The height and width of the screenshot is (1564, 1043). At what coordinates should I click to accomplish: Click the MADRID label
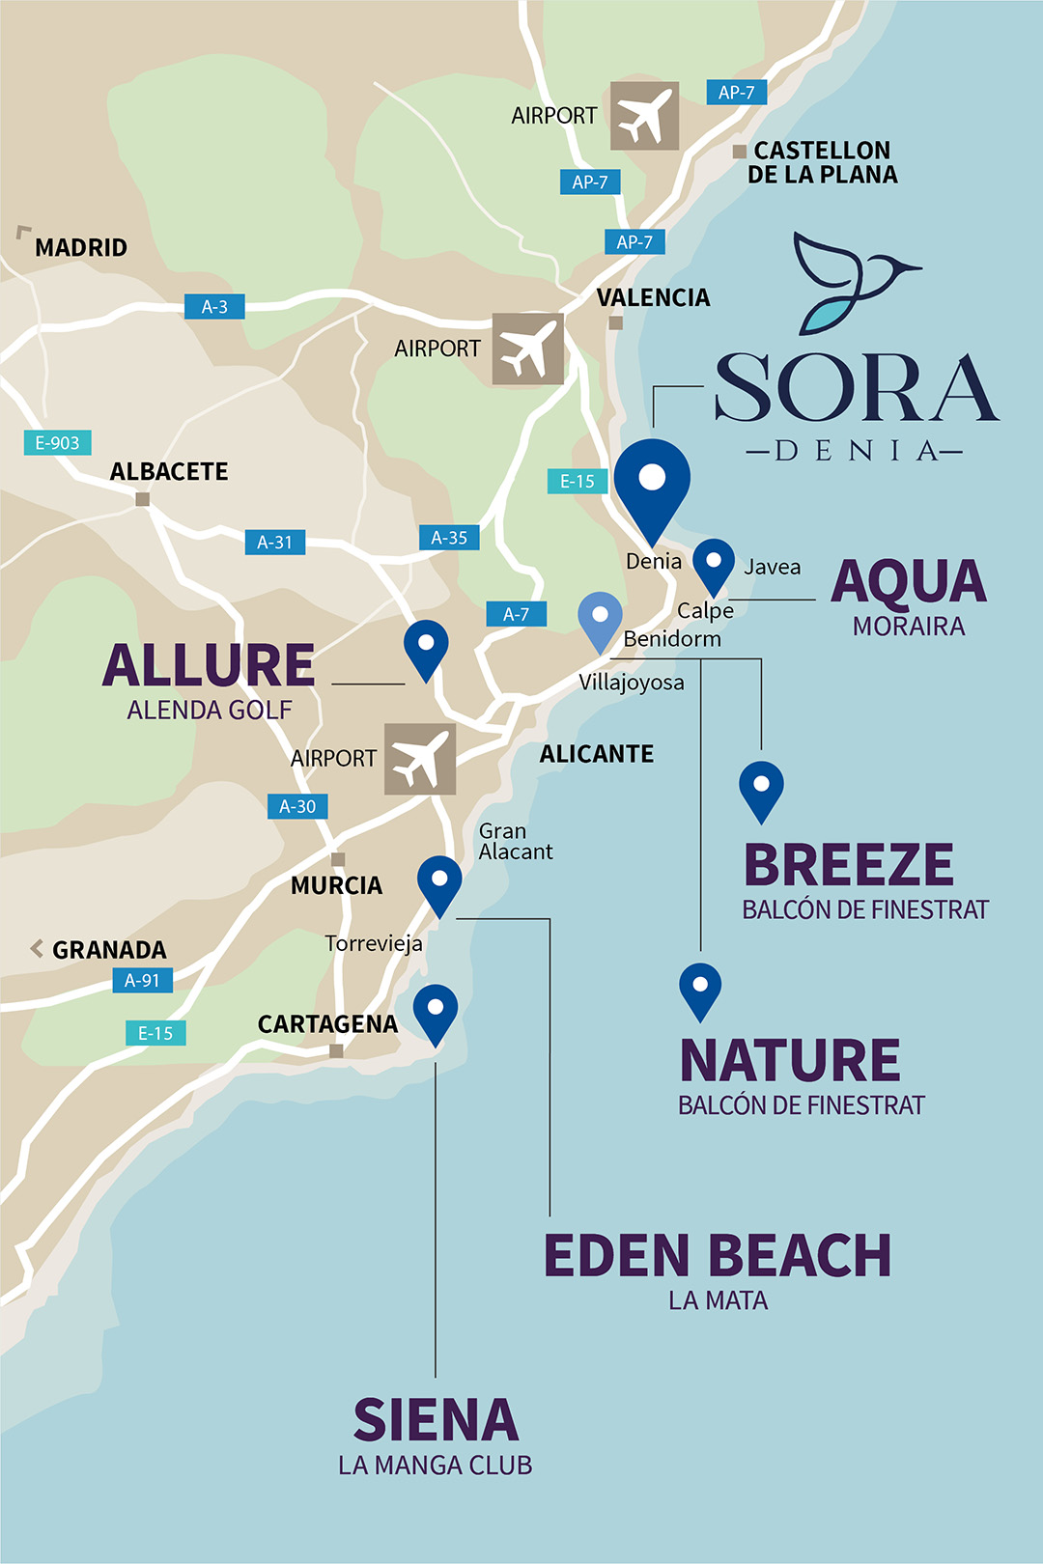(x=81, y=248)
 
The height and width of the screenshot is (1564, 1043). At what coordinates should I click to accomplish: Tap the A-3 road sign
(x=214, y=307)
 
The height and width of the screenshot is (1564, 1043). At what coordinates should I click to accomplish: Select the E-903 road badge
(x=57, y=443)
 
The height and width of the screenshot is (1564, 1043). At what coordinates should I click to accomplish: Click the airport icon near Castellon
(x=644, y=116)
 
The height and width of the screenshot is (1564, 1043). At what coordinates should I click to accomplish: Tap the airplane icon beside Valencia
(x=527, y=349)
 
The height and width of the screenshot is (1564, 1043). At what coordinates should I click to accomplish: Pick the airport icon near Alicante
(x=420, y=759)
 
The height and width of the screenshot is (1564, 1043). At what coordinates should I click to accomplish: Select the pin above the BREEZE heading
(x=761, y=788)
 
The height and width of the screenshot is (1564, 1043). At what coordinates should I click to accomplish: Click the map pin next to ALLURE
(x=426, y=646)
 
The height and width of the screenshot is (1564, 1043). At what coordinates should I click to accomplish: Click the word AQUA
(x=909, y=582)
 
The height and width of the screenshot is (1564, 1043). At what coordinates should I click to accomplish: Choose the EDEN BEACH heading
(x=718, y=1256)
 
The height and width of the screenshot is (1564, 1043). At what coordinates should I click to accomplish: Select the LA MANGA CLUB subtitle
(x=436, y=1466)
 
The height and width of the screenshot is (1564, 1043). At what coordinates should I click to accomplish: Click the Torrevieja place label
(x=374, y=943)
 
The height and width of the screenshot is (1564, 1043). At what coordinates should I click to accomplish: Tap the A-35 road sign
(x=449, y=538)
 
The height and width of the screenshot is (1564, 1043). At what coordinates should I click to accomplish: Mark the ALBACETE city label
(x=169, y=472)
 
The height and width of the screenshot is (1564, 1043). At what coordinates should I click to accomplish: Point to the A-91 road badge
(x=142, y=981)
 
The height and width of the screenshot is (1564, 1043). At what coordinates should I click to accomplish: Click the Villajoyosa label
(x=632, y=683)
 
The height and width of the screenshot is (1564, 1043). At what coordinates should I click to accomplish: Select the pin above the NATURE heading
(x=700, y=988)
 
